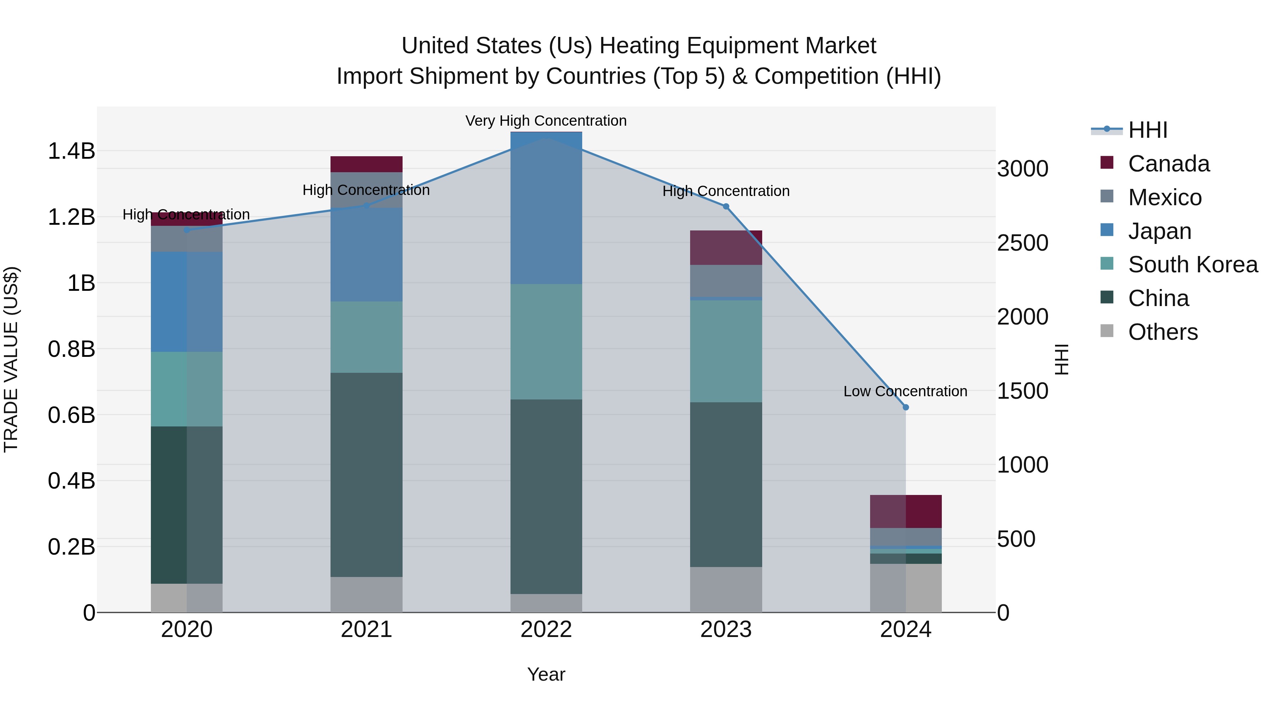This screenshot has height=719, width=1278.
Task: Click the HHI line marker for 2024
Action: pyautogui.click(x=905, y=407)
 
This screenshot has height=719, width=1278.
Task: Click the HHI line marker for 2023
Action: pyautogui.click(x=726, y=206)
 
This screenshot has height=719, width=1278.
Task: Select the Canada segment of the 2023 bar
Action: pyautogui.click(x=726, y=247)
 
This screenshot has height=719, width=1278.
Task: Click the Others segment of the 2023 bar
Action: pyautogui.click(x=726, y=589)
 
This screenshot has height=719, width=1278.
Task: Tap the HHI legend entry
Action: pyautogui.click(x=1147, y=130)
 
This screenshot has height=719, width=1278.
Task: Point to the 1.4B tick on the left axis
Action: pyautogui.click(x=71, y=151)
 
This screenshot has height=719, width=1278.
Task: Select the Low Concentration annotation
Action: pyautogui.click(x=905, y=391)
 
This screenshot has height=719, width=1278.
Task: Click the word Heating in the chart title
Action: pyautogui.click(x=640, y=46)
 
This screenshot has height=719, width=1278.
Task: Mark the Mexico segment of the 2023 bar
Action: pyautogui.click(x=726, y=281)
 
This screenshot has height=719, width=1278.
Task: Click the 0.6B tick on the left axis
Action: pyautogui.click(x=71, y=415)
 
